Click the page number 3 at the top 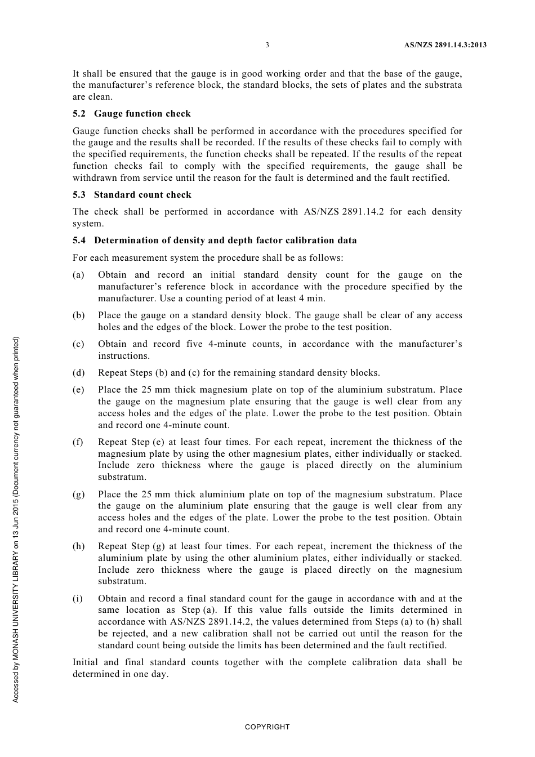(267, 45)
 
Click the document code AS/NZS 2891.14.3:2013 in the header (445, 45)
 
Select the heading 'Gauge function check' (142, 114)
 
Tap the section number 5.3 (79, 195)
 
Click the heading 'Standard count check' (142, 195)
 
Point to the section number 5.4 (79, 241)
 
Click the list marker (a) (78, 275)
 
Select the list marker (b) (78, 315)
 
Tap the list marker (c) (78, 344)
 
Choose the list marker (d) (78, 373)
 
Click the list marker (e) (78, 390)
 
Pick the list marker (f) (78, 442)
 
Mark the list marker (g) (78, 495)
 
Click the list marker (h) (78, 546)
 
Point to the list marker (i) (78, 599)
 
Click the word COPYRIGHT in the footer (267, 727)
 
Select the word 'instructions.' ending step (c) (124, 356)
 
